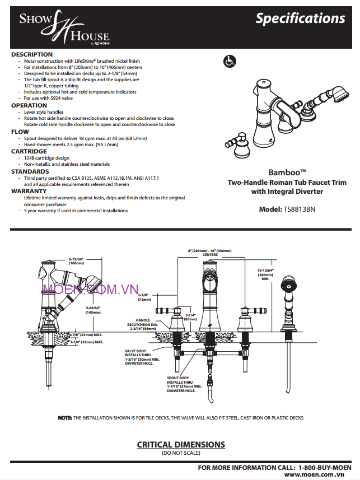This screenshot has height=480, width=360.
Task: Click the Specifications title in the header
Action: tap(300, 18)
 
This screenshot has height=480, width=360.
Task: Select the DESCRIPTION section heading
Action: tap(32, 54)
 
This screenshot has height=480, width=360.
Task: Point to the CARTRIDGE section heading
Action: tap(29, 151)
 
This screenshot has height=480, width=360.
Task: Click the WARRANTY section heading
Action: tap(29, 191)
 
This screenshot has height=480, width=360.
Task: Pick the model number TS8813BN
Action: tap(300, 209)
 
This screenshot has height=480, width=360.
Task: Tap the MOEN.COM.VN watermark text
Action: tap(90, 289)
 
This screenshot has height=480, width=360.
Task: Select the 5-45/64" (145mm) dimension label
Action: tap(93, 310)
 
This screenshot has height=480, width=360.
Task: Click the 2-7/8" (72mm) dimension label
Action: tap(144, 297)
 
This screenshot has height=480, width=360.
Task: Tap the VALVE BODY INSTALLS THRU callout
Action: tap(142, 357)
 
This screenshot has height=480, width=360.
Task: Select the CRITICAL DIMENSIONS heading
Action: tap(181, 445)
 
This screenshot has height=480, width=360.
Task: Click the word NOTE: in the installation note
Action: tap(66, 418)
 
